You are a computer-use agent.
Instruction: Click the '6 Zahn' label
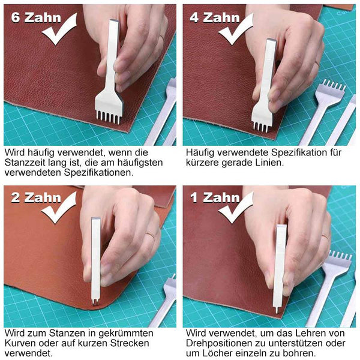(x=36, y=17)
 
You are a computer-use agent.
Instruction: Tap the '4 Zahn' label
(x=215, y=17)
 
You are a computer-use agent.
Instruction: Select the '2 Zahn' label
(x=36, y=197)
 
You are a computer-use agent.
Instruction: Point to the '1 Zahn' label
(x=215, y=197)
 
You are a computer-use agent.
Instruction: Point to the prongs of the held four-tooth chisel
(x=260, y=127)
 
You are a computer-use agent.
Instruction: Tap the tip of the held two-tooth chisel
(x=95, y=302)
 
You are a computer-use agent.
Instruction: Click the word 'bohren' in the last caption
(x=299, y=353)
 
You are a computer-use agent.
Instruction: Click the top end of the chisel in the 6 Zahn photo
(x=115, y=21)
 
